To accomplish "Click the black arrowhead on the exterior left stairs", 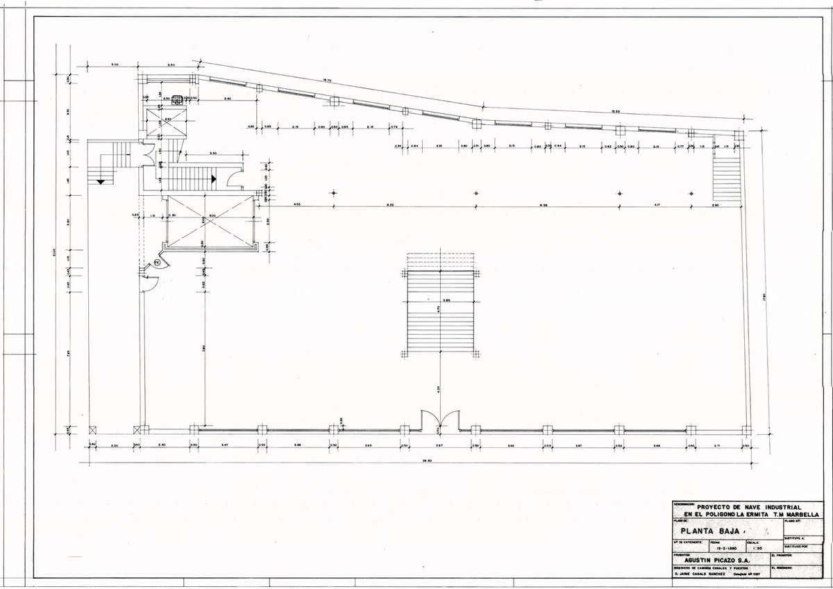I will (102, 181).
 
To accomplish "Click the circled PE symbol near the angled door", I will (158, 263).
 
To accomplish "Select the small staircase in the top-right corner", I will (727, 176).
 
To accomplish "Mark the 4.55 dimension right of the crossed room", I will (296, 204).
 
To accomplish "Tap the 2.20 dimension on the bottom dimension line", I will (114, 444).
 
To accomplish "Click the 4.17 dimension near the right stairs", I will (655, 204).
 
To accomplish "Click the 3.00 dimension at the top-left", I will (115, 65).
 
